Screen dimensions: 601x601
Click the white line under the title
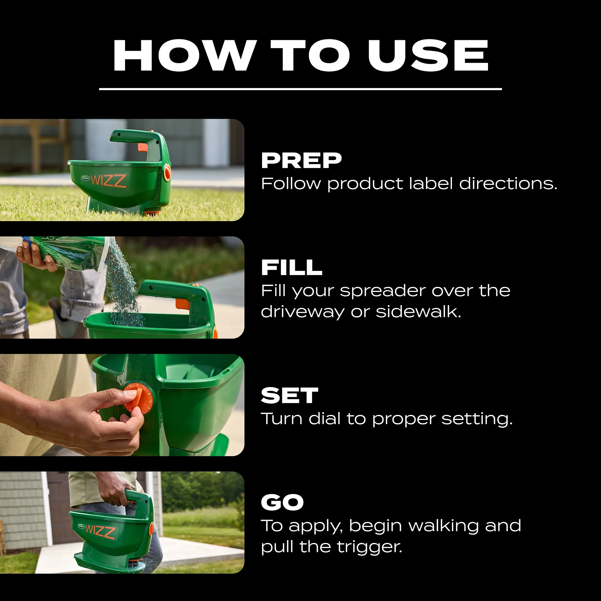click(300, 89)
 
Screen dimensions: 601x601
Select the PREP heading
click(301, 161)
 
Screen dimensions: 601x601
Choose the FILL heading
click(291, 268)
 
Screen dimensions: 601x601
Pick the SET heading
click(289, 396)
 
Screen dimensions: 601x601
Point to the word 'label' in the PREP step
click(431, 183)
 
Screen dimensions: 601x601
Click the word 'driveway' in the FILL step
click(302, 312)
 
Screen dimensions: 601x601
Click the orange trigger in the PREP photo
click(143, 147)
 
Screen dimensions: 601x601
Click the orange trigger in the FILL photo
click(183, 304)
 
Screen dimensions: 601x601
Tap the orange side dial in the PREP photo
click(167, 173)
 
